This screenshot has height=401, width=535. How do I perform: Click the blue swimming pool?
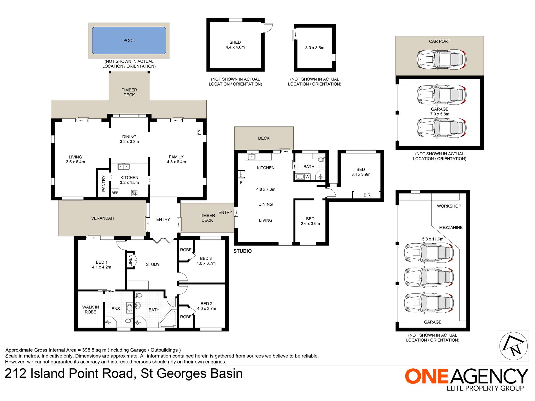pyautogui.click(x=129, y=41)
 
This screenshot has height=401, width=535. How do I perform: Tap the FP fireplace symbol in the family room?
pyautogui.click(x=199, y=132)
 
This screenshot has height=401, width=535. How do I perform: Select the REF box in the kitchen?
pyautogui.click(x=115, y=193)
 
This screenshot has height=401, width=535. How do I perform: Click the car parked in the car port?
pyautogui.click(x=442, y=60)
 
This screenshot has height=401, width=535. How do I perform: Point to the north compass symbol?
pyautogui.click(x=513, y=346)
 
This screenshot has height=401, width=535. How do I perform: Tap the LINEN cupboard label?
pyautogui.click(x=130, y=260)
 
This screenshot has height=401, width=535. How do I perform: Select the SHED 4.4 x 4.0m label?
pyautogui.click(x=235, y=45)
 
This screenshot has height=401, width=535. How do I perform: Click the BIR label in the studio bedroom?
pyautogui.click(x=367, y=195)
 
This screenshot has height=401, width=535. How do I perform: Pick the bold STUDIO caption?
pyautogui.click(x=242, y=251)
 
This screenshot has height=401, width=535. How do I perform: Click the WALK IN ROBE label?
pyautogui.click(x=90, y=310)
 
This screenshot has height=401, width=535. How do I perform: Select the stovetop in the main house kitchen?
pyautogui.click(x=134, y=193)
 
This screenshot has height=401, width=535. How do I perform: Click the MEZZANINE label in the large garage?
pyautogui.click(x=451, y=227)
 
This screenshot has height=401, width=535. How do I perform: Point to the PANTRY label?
pyautogui.click(x=103, y=183)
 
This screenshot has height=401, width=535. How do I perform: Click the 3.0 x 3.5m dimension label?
pyautogui.click(x=315, y=48)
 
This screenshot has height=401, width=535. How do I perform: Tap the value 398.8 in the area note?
pyautogui.click(x=88, y=350)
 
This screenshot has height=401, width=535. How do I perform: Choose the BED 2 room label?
pyautogui.click(x=206, y=304)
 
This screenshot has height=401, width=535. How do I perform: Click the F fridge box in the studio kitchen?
pyautogui.click(x=241, y=183)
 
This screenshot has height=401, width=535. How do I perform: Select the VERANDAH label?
pyautogui.click(x=102, y=218)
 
